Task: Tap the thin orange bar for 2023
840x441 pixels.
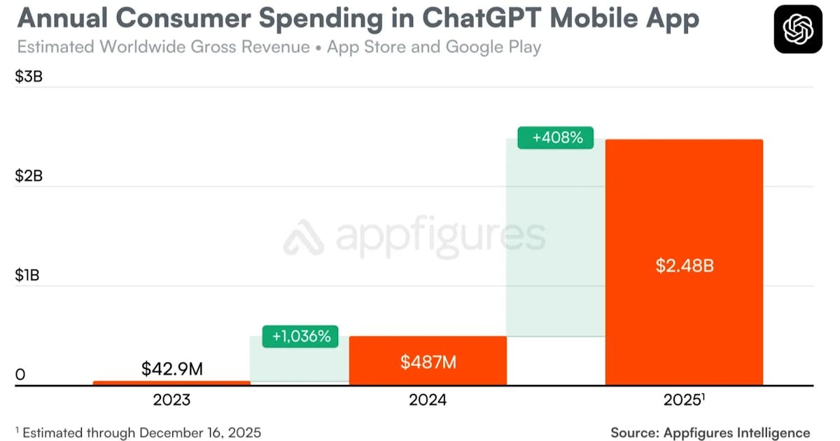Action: pyautogui.click(x=171, y=382)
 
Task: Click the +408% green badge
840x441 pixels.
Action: pyautogui.click(x=556, y=138)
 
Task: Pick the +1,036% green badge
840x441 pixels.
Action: pyautogui.click(x=300, y=337)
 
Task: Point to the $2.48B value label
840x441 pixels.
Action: pyautogui.click(x=685, y=266)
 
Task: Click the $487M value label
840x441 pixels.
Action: pyautogui.click(x=428, y=362)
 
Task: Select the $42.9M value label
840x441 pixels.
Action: pyautogui.click(x=171, y=368)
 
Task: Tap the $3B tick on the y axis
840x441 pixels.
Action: pyautogui.click(x=29, y=77)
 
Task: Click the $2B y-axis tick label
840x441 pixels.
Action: pyautogui.click(x=29, y=176)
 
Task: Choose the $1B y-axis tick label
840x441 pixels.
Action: pyautogui.click(x=28, y=276)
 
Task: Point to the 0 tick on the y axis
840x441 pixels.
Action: pyautogui.click(x=20, y=375)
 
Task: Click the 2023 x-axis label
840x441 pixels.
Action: pyautogui.click(x=171, y=401)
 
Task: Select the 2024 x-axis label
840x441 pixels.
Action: pyautogui.click(x=428, y=401)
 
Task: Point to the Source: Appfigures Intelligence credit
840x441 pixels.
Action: pyautogui.click(x=710, y=433)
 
